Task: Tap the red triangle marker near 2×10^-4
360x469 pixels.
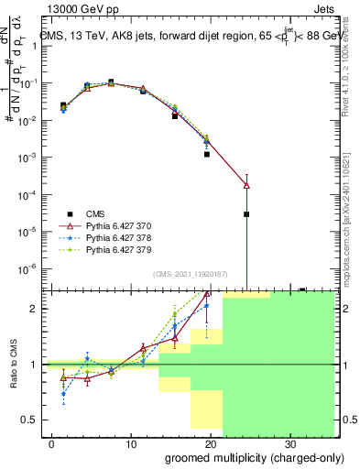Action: click(x=246, y=185)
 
